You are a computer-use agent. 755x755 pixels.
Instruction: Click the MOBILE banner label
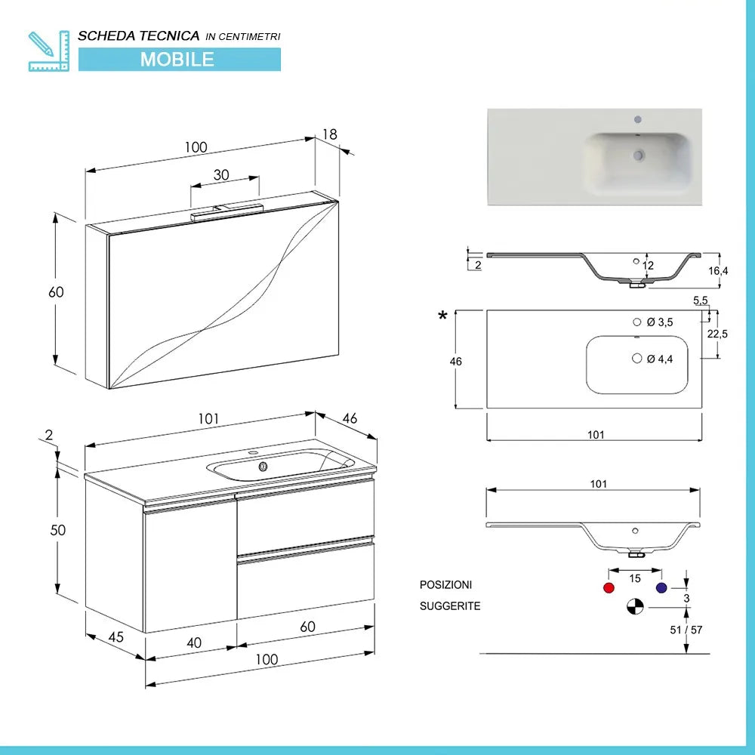(x=177, y=59)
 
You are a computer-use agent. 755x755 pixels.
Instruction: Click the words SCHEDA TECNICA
(x=139, y=35)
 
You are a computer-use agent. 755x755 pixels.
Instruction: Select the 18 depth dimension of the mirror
(x=330, y=134)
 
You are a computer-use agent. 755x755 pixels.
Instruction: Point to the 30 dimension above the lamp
(x=221, y=174)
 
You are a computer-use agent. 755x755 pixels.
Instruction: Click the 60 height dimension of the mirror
(x=57, y=292)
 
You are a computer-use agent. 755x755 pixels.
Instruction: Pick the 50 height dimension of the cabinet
(x=58, y=530)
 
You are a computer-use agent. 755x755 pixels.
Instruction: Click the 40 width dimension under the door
(x=194, y=643)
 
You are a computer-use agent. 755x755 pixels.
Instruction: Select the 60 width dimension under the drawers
(x=307, y=626)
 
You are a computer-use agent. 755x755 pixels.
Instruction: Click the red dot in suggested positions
(x=609, y=588)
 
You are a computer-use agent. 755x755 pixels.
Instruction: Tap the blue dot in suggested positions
(x=662, y=588)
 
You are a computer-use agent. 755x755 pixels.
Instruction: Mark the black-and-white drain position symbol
(x=636, y=606)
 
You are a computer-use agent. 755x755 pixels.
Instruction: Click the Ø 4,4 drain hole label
(x=660, y=359)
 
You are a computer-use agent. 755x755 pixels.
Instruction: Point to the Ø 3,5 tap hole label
(x=660, y=322)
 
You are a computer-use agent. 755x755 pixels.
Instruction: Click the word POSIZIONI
(x=446, y=585)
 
